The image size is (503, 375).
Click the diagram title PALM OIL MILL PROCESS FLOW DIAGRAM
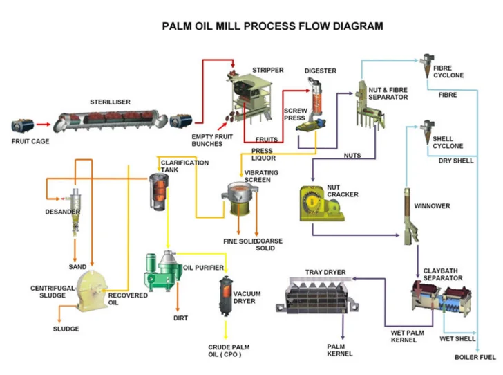272,27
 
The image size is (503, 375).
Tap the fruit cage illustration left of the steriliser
22,126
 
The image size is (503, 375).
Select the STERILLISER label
110,102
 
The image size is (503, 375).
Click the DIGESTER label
321,71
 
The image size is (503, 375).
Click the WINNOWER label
432,206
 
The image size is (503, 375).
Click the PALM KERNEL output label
339,349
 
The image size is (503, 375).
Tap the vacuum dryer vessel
225,296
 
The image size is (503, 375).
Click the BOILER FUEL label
475,357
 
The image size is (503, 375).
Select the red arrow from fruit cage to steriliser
43,126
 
